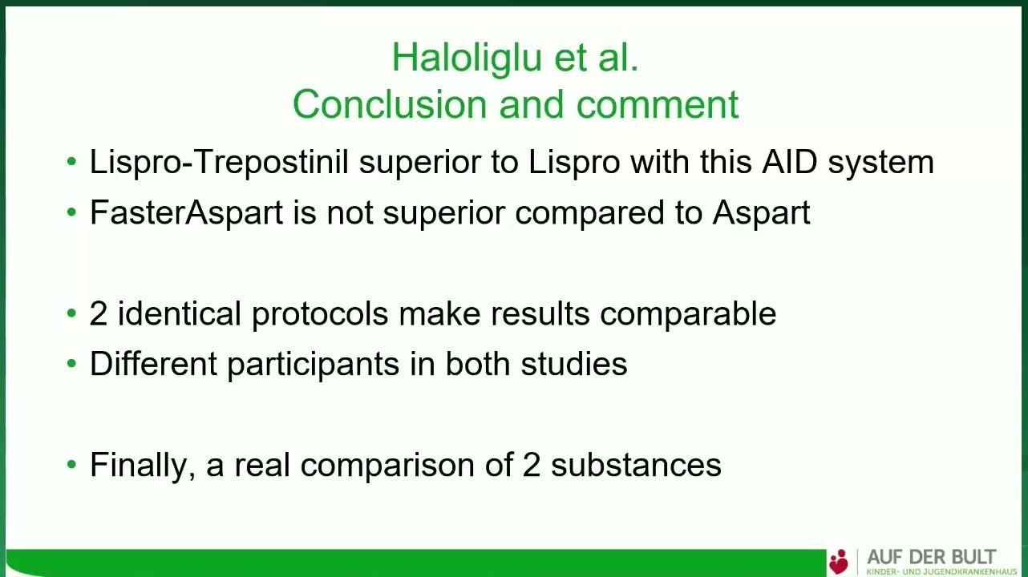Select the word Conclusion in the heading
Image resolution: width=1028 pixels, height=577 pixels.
pos(389,104)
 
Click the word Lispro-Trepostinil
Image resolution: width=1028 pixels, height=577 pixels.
pos(219,163)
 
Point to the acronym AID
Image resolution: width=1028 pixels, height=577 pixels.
pos(789,162)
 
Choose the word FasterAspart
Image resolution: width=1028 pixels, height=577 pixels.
pos(186,213)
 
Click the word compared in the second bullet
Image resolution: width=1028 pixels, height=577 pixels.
pos(589,214)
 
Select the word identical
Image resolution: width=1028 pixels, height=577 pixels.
pos(180,313)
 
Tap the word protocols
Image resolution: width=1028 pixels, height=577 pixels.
pos(320,315)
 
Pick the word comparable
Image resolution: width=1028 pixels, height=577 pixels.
pos(688,315)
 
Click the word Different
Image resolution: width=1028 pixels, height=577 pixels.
pos(153,364)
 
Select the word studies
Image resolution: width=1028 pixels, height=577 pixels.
pos(573,364)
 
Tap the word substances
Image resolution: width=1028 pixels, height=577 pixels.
pos(636,465)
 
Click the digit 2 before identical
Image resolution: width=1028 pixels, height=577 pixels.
pos(99,313)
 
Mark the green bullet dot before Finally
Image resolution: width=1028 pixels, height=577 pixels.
pos(71,465)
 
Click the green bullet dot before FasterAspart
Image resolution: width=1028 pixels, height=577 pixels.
pos(71,212)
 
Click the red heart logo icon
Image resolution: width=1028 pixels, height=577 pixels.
pos(839,562)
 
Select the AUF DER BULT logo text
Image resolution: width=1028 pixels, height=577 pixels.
pos(932,557)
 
